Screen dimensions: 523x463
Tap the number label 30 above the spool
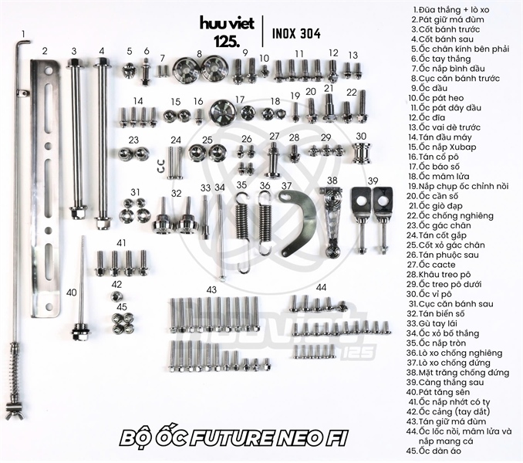pos(361,136)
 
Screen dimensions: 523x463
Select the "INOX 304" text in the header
pos(296,34)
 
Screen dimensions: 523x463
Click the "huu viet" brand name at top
pos(227,23)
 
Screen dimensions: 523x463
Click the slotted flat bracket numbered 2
pos(46,188)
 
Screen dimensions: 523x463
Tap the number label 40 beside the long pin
pos(72,292)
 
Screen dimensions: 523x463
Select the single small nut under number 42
pos(116,296)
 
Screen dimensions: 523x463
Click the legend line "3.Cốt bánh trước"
pos(445,29)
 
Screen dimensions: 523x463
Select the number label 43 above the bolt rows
pos(211,289)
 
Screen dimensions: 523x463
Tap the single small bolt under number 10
pos(265,71)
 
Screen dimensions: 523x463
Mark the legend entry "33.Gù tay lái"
pos(432,323)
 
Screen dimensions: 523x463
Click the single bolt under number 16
pos(199,117)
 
